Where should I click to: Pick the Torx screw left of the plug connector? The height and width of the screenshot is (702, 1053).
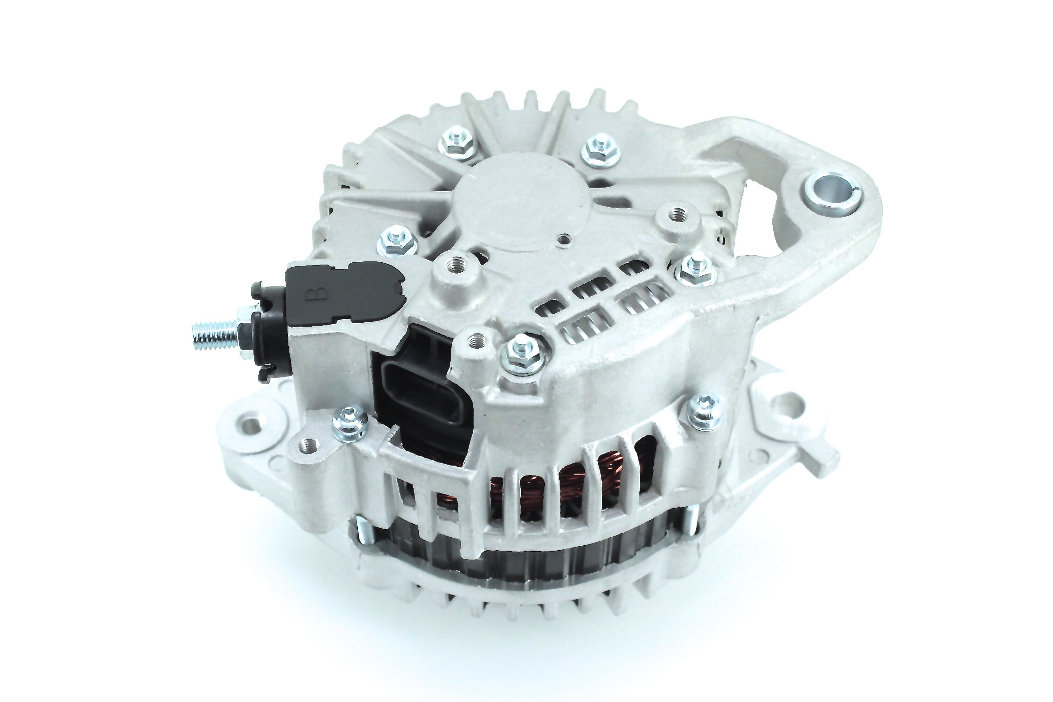coord(351,419)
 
